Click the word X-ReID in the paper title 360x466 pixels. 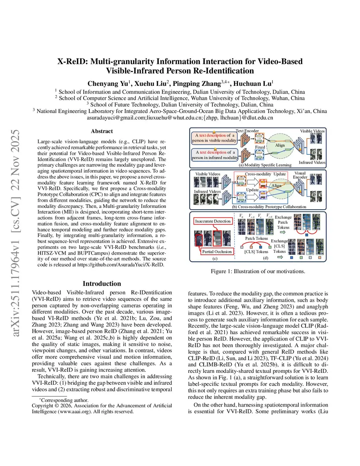[x=72, y=62]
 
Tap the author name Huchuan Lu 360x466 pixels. [x=252, y=84]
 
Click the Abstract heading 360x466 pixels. [x=102, y=131]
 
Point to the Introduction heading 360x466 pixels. [x=102, y=283]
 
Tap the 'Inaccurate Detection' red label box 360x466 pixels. [x=213, y=221]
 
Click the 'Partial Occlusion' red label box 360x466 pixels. [x=217, y=251]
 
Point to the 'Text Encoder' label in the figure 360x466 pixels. [x=247, y=131]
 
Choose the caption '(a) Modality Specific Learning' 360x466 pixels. [x=265, y=165]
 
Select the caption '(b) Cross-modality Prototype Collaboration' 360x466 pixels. [x=269, y=207]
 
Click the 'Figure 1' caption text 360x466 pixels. [x=258, y=271]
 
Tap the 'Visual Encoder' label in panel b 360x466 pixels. [x=300, y=175]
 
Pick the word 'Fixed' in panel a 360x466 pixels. [x=260, y=147]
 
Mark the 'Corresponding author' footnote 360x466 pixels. [x=64, y=400]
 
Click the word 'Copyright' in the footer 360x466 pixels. [x=42, y=406]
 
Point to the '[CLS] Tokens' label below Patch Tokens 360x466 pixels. [x=256, y=252]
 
